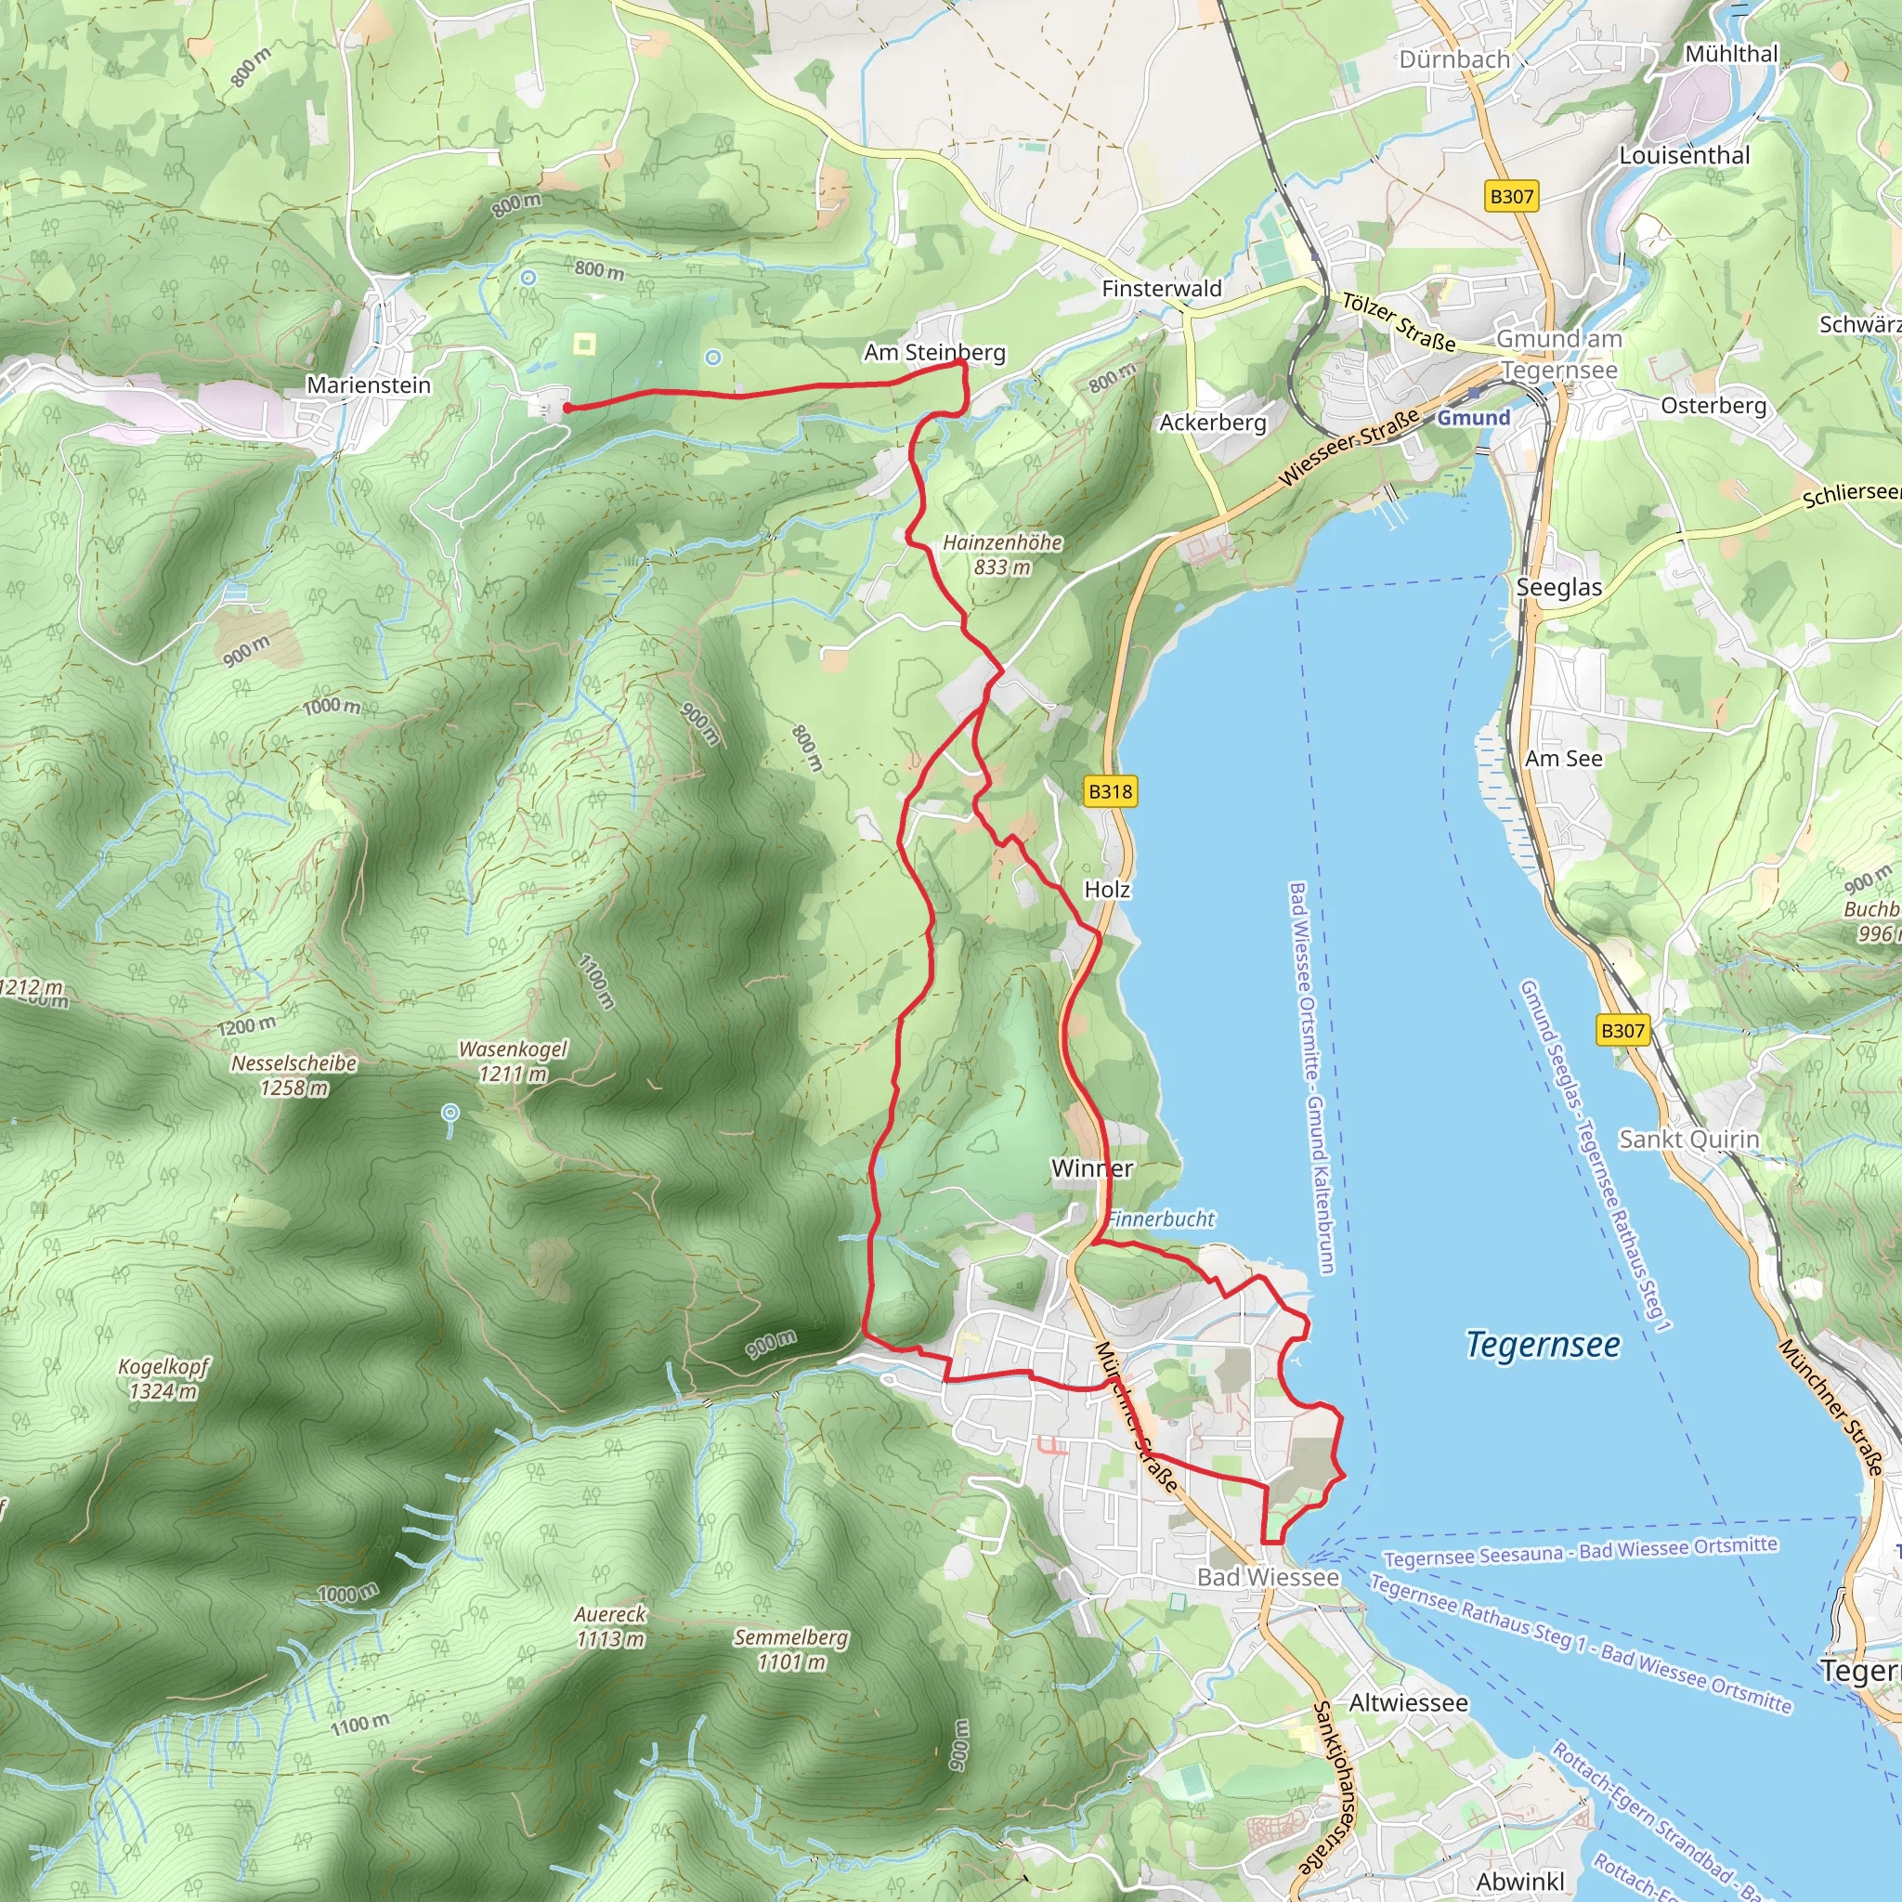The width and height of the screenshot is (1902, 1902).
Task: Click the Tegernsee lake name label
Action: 1542,1344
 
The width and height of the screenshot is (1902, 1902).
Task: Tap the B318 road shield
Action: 1110,791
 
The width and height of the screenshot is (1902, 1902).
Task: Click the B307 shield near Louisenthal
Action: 1511,196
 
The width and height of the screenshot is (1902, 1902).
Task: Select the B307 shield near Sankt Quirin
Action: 1622,1031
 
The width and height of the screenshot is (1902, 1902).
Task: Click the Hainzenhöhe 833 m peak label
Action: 1002,554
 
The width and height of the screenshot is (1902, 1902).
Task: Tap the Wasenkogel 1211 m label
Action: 513,1062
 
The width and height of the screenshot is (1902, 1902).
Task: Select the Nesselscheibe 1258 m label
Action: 293,1075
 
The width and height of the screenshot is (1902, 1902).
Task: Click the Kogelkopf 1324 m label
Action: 163,1378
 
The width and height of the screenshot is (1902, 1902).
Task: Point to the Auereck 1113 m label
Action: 610,1626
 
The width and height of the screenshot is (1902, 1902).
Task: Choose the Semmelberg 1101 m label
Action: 790,1649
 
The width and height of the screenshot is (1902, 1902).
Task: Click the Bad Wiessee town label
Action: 1267,1577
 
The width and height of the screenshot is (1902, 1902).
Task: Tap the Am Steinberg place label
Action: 934,351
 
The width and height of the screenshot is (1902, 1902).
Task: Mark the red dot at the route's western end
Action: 567,408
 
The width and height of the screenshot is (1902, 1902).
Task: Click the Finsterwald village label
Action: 1161,289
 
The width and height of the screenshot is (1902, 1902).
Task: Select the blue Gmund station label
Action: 1473,417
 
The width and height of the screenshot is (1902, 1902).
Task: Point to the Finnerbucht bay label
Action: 1162,1218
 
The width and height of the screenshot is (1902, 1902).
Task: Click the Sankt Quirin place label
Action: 1688,1139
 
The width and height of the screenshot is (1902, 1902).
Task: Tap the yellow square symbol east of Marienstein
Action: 585,344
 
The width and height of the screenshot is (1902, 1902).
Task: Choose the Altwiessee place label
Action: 1408,1703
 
